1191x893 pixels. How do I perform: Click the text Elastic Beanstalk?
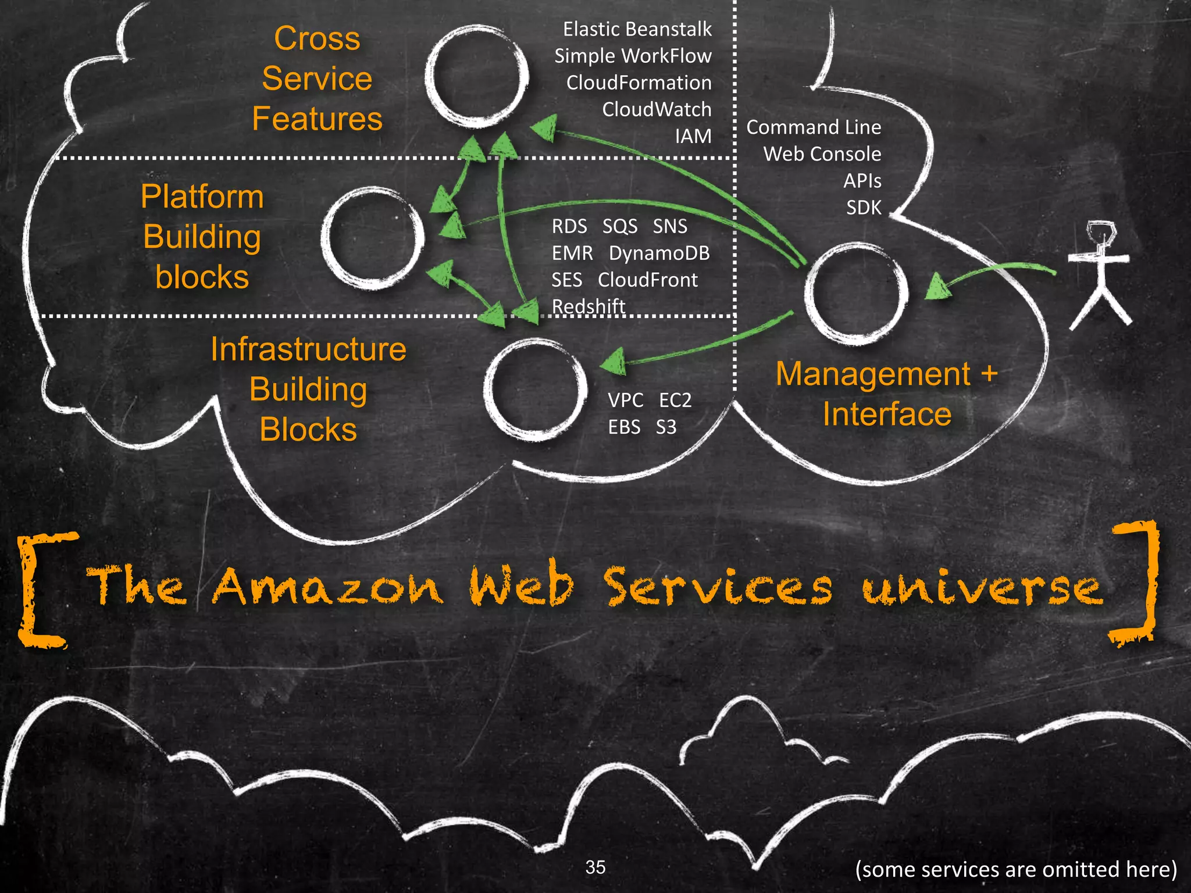(x=637, y=29)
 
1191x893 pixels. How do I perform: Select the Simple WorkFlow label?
(x=633, y=56)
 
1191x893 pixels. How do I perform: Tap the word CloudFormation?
(x=639, y=83)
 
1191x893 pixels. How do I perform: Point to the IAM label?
(x=693, y=136)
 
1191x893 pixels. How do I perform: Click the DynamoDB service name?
(x=659, y=253)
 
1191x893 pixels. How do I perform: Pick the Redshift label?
(x=588, y=306)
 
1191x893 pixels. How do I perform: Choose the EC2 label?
(x=675, y=401)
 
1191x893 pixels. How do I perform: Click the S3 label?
(x=666, y=427)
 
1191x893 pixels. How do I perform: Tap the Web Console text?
(x=822, y=154)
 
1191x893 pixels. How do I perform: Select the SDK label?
(x=864, y=208)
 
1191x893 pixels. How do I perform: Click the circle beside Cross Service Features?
(x=476, y=77)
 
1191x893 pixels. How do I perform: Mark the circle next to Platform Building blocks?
(x=372, y=238)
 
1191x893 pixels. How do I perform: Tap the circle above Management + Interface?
(x=855, y=294)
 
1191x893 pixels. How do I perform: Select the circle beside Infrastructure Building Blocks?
(x=534, y=390)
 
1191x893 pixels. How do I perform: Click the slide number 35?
(x=595, y=867)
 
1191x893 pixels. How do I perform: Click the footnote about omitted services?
(x=1015, y=869)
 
